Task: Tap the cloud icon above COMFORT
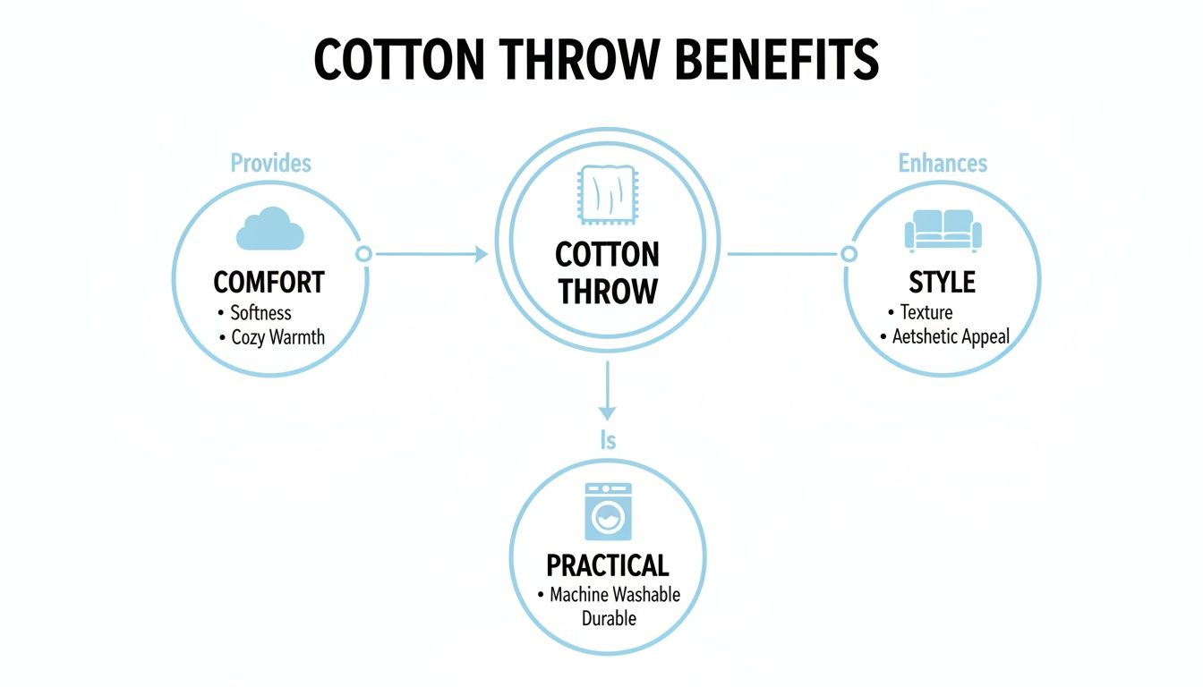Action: [269, 228]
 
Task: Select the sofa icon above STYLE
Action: [943, 230]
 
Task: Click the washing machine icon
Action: [608, 512]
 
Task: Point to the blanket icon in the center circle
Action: [608, 203]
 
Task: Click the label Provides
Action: [270, 163]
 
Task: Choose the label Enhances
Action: [943, 163]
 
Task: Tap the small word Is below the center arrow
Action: [608, 441]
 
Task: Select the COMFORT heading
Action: [269, 283]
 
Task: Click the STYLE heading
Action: [942, 283]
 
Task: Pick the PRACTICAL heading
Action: [608, 565]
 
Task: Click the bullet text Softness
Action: [260, 313]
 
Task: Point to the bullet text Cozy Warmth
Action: [277, 338]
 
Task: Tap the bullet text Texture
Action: [926, 312]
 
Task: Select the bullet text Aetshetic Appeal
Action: [951, 336]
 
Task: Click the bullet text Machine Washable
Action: [615, 594]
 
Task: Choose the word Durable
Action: [609, 618]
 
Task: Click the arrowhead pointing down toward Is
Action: [608, 412]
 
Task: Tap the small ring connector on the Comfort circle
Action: [363, 254]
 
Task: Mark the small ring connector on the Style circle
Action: [849, 254]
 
